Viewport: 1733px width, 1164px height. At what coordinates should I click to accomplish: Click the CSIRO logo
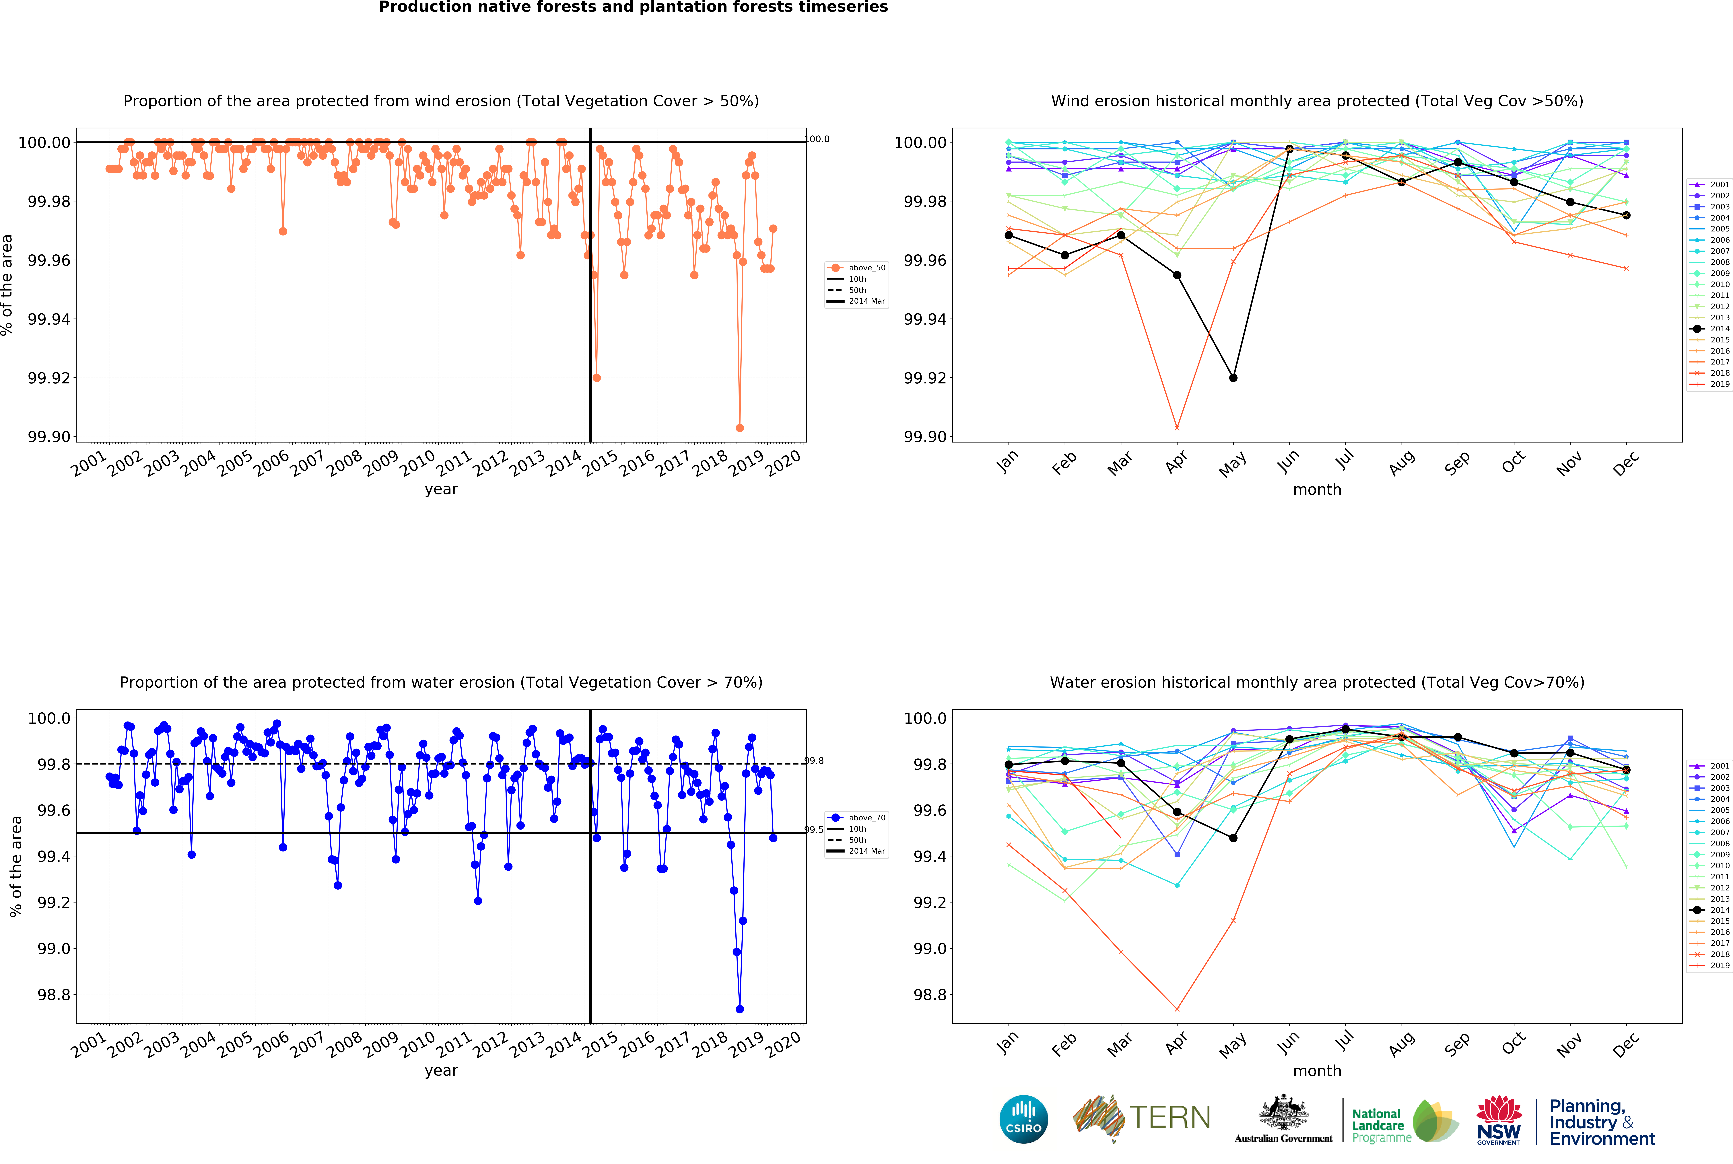(x=1023, y=1119)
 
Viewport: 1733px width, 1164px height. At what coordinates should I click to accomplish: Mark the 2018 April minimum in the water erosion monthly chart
(x=1177, y=1009)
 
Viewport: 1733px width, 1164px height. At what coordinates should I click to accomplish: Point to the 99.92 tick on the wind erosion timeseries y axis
(x=49, y=378)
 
